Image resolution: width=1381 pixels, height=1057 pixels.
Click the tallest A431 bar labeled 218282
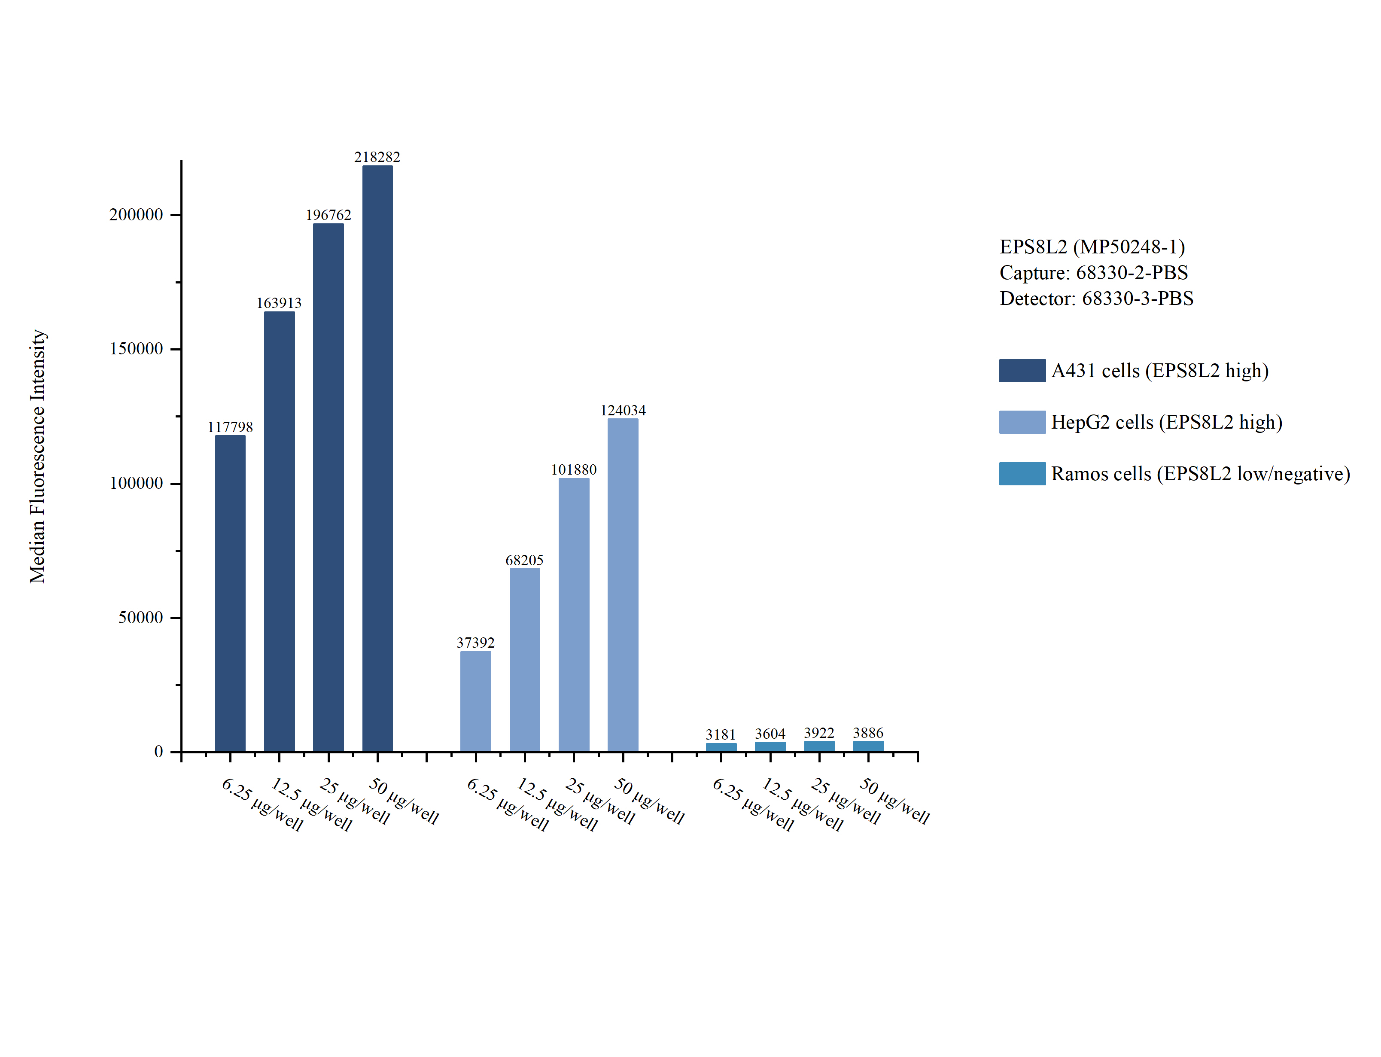coord(377,459)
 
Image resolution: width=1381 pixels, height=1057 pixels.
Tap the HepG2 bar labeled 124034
coord(623,585)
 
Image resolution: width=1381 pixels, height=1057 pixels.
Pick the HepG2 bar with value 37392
coord(475,701)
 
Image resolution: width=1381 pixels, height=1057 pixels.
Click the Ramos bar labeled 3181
coord(721,747)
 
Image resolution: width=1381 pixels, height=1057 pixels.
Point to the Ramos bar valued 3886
coord(868,746)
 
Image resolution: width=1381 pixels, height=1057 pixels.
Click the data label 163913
coord(279,303)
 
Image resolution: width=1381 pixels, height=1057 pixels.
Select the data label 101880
coord(574,470)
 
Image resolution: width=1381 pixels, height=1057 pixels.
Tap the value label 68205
coord(524,560)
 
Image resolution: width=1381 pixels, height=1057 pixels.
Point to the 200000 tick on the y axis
coord(136,215)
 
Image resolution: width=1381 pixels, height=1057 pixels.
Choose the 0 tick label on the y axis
coord(158,751)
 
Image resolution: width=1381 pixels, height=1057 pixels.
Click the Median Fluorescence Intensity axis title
coord(38,456)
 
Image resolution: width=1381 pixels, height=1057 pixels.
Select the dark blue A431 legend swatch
coord(1022,371)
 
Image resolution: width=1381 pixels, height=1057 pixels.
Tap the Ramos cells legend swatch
coord(1022,474)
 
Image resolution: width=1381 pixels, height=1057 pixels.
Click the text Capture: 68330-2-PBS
coord(1093,272)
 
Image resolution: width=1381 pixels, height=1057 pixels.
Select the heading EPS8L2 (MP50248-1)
coord(1092,247)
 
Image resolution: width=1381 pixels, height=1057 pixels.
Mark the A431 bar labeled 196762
coord(328,487)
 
